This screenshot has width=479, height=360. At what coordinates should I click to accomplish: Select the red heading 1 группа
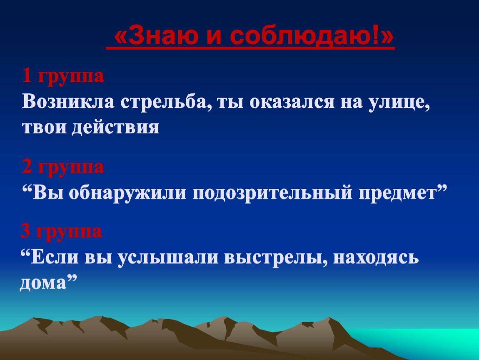click(x=63, y=76)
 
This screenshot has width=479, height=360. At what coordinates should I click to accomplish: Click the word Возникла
click(x=68, y=101)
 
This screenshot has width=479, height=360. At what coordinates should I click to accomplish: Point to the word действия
click(x=115, y=127)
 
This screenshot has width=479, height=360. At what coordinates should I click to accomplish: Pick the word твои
click(x=44, y=127)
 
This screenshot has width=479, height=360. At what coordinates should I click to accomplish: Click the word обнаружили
click(x=127, y=193)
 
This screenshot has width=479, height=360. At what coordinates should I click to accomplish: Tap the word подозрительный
click(x=272, y=194)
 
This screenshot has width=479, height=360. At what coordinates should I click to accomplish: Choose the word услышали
click(x=168, y=258)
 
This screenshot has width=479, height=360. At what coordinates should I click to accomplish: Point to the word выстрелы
click(x=276, y=257)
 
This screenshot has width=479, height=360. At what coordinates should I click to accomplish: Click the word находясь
click(x=376, y=258)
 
